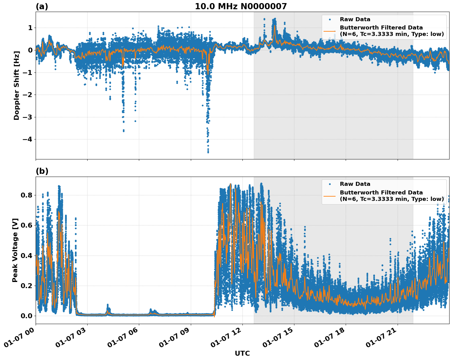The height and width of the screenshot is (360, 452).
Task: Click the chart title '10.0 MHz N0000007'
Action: (x=241, y=6)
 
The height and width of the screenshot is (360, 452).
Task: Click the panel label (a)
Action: (x=42, y=6)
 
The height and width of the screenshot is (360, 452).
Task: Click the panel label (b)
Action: (x=42, y=171)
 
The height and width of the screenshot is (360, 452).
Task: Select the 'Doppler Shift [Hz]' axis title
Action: (x=17, y=85)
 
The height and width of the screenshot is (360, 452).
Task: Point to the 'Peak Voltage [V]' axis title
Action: (x=15, y=250)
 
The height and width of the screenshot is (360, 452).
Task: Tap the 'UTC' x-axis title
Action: (x=242, y=353)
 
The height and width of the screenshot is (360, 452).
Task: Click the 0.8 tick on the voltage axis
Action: (x=26, y=195)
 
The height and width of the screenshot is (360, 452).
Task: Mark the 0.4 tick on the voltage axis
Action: (x=26, y=256)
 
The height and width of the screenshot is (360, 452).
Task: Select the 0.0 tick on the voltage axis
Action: (x=26, y=316)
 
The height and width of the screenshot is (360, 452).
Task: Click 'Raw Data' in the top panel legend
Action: (x=355, y=19)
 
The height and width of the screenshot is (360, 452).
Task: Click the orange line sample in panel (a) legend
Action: (x=330, y=31)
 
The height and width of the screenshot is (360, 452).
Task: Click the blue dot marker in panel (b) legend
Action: (x=330, y=184)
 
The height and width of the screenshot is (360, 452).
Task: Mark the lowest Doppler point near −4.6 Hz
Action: (x=208, y=152)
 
